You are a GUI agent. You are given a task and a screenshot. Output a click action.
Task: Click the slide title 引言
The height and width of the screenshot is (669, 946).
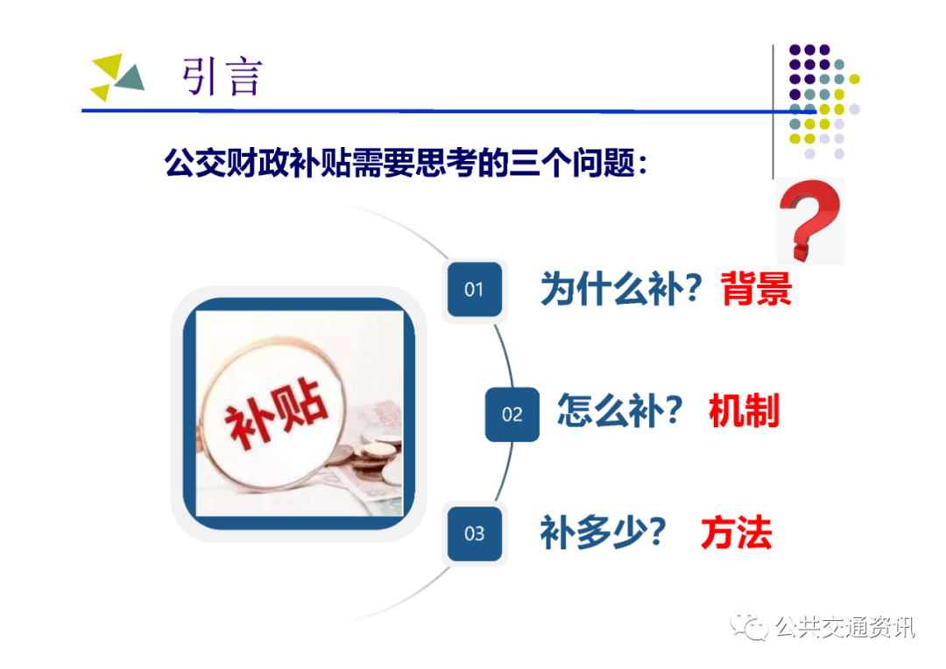tap(222, 76)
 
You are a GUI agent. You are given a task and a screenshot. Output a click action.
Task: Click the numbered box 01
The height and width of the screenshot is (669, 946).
tap(474, 290)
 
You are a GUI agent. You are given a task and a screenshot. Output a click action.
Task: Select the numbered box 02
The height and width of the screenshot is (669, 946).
tap(512, 414)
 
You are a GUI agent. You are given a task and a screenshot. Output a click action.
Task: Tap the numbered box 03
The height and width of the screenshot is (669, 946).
tap(474, 534)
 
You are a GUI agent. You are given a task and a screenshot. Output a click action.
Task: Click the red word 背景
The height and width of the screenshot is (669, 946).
tap(756, 288)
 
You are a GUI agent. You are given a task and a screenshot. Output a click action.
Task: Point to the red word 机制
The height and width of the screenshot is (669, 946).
tap(745, 411)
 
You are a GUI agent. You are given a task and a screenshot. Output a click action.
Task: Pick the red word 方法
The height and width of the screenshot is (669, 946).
tap(737, 532)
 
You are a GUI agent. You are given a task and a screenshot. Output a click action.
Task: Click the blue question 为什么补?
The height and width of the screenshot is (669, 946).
tap(621, 288)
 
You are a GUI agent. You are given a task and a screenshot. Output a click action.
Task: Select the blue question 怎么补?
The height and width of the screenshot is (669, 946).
tap(619, 411)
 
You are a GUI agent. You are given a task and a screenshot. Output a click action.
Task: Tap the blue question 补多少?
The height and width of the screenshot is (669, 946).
tap(603, 532)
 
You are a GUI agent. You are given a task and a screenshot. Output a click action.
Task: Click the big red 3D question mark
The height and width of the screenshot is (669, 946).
tap(809, 220)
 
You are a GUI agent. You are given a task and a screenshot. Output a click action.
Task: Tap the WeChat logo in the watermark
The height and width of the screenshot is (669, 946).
tap(749, 626)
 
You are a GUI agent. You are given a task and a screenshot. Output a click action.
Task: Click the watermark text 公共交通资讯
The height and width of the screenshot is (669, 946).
tap(844, 627)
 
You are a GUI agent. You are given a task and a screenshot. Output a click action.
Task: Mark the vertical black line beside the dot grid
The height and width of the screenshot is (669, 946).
tap(773, 111)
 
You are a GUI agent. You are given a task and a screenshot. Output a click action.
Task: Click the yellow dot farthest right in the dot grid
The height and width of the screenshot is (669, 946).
tap(854, 79)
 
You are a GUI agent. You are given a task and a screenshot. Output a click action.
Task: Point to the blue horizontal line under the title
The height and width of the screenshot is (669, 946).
tap(448, 111)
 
